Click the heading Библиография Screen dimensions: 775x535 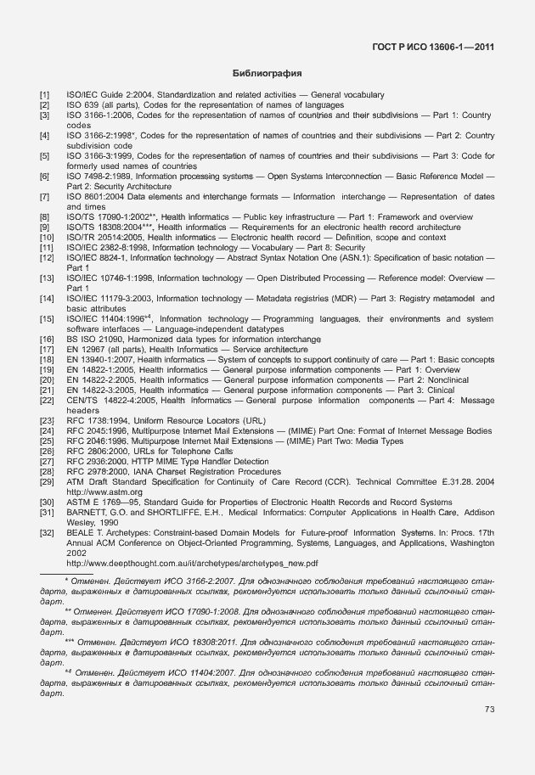[x=267, y=74]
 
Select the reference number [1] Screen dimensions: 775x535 [x=44, y=95]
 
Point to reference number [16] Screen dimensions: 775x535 [x=46, y=340]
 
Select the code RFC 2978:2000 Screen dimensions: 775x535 [x=101, y=471]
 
